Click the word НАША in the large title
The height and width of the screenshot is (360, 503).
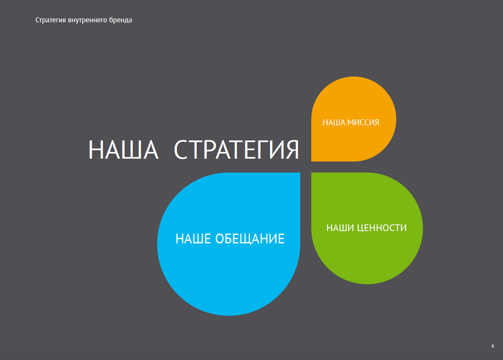point(124,150)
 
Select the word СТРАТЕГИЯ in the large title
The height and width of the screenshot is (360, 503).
point(236,150)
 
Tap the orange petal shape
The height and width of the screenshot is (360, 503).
point(353,119)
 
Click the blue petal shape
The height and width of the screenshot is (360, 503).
point(229,244)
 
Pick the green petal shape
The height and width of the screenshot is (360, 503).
point(367,228)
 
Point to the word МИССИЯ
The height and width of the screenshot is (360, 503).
point(364,122)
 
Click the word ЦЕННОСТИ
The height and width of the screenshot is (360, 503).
point(382,228)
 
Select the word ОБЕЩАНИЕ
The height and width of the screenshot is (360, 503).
point(250,239)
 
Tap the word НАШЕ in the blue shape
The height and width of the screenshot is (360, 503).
point(194,239)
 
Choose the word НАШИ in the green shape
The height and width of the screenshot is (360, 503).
point(340,228)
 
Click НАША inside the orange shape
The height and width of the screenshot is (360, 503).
point(334,122)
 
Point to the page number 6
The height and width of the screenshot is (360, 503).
point(493,346)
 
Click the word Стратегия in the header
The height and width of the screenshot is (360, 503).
point(50,20)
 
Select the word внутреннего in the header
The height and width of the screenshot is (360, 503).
point(87,20)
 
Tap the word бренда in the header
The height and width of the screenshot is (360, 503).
point(121,20)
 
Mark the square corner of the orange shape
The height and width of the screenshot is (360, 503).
point(312,162)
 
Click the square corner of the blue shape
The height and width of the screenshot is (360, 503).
point(300,172)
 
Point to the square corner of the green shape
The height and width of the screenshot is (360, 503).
point(312,172)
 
